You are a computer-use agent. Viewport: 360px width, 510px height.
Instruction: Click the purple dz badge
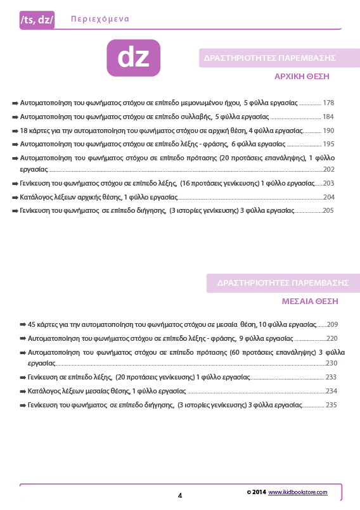133,58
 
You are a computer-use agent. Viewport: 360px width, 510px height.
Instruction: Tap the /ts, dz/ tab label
37,20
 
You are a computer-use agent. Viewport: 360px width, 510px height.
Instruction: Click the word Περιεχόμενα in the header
96,19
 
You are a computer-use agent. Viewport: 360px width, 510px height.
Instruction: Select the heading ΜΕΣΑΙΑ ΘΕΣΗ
310,301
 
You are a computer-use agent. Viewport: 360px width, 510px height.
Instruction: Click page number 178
328,102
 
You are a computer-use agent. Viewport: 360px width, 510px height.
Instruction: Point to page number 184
328,117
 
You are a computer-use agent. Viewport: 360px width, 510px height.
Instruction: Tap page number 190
328,131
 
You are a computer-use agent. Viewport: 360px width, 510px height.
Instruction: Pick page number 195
328,144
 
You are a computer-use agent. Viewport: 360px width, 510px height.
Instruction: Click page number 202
328,170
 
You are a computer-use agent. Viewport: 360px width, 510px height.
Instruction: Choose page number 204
328,197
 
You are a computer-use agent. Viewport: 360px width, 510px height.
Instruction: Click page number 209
332,324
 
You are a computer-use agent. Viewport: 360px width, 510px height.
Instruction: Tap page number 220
332,338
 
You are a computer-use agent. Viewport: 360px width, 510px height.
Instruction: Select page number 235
331,405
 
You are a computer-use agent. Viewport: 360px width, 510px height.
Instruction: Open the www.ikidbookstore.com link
297,492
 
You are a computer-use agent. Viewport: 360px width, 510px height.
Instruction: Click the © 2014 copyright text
256,492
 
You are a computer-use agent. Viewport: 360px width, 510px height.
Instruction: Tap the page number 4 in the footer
180,495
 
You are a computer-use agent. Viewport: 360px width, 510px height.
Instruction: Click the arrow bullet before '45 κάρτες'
23,324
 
